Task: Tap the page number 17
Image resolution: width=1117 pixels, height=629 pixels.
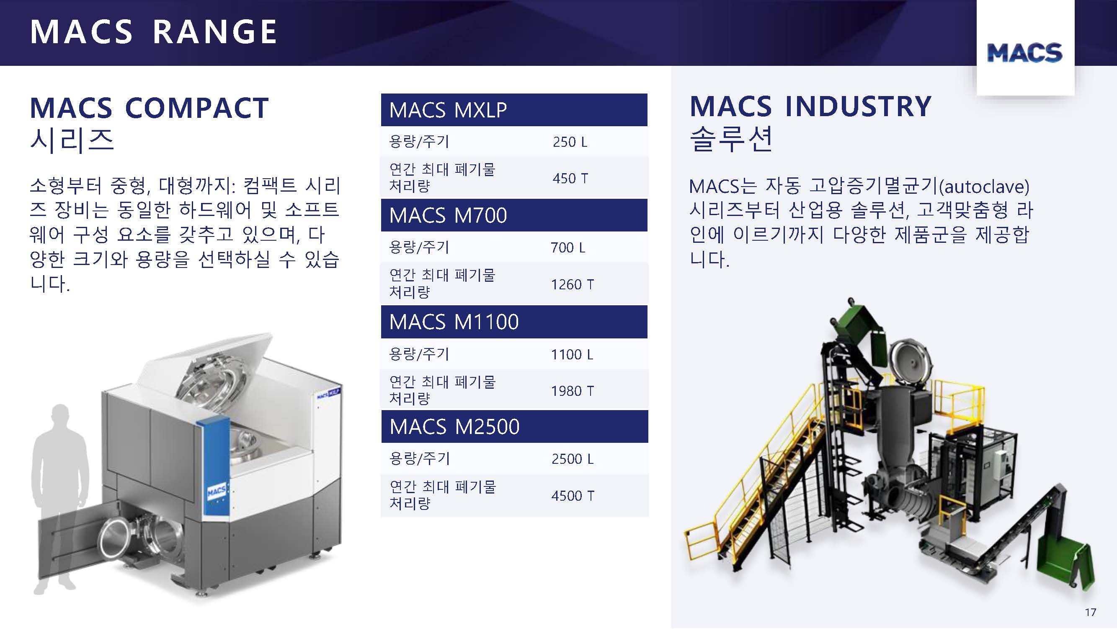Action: tap(1091, 612)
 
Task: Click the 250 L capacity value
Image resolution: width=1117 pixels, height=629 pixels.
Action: tap(570, 142)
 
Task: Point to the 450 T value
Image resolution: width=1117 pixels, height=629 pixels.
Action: tap(570, 178)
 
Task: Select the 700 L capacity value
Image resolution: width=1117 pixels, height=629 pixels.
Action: tap(568, 247)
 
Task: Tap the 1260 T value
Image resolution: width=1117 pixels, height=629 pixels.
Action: tap(573, 284)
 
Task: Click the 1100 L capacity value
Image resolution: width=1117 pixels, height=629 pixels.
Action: tap(572, 355)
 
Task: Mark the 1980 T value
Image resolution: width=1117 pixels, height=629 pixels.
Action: tap(573, 391)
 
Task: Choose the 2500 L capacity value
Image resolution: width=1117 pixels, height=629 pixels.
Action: tap(573, 459)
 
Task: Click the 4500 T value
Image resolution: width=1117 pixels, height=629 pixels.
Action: tap(573, 496)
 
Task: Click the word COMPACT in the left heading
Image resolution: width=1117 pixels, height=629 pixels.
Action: tap(197, 108)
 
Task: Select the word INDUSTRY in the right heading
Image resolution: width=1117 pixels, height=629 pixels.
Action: tap(858, 107)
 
